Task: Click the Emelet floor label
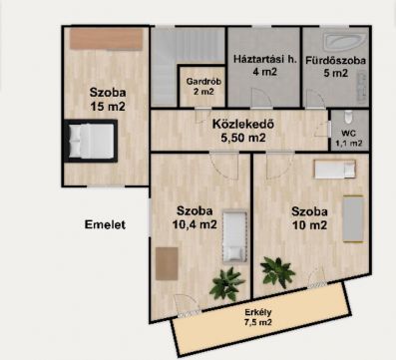coord(105,224)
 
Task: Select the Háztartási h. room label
coord(265,60)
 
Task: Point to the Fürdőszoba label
coord(335,61)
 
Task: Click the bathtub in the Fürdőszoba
coord(345,43)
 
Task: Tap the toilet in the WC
coord(348,117)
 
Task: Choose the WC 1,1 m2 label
coord(348,139)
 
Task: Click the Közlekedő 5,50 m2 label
coord(243,131)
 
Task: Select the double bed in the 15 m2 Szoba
coord(91,141)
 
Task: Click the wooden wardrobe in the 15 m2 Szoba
coord(106,39)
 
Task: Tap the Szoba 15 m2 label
coord(108,99)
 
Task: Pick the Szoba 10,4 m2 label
coord(195,217)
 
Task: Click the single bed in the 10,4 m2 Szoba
coord(234,236)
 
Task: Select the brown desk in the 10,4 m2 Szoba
coord(167,263)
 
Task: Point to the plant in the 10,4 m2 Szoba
coord(226,284)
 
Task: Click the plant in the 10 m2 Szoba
coord(277,272)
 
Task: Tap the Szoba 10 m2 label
coord(309,218)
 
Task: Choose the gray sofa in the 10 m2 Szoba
coord(353,218)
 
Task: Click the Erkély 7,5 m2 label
coord(258,317)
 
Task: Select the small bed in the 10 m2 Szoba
coord(335,170)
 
